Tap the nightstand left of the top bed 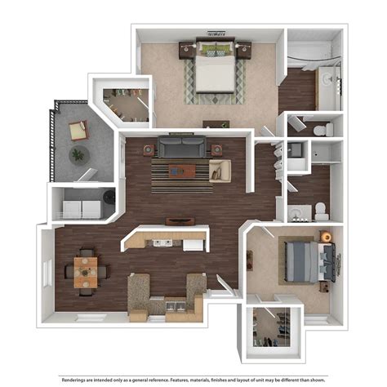(185, 50)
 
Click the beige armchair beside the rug (220, 170)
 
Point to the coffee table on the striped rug (180, 171)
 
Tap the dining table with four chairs (86, 271)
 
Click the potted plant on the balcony (78, 154)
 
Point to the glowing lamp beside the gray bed (326, 237)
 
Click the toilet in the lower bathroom (321, 212)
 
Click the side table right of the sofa (216, 149)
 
